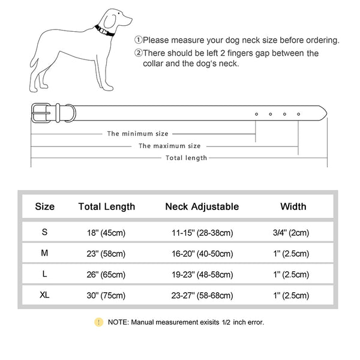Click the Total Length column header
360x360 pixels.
click(107, 206)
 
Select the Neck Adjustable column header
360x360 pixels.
click(202, 206)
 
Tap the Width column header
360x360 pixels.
click(293, 206)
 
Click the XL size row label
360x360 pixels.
click(45, 295)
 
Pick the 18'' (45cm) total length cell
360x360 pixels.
click(107, 232)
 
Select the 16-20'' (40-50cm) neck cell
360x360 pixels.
click(202, 253)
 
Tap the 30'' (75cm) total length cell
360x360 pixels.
click(107, 295)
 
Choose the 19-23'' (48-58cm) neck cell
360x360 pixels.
click(202, 274)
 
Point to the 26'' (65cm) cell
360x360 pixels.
click(107, 274)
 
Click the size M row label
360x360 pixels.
click(45, 253)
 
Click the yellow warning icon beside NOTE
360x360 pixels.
click(98, 322)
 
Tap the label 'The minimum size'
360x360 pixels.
click(138, 133)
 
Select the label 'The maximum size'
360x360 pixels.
click(170, 146)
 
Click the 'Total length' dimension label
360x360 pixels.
click(186, 158)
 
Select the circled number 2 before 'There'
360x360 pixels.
click(138, 53)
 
